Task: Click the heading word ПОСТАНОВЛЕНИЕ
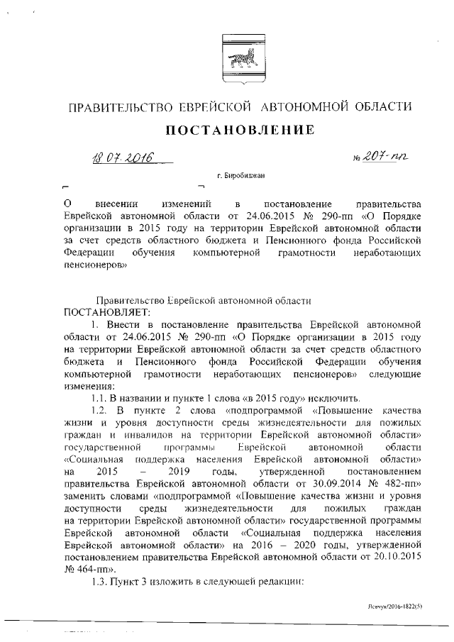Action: tap(240, 130)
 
